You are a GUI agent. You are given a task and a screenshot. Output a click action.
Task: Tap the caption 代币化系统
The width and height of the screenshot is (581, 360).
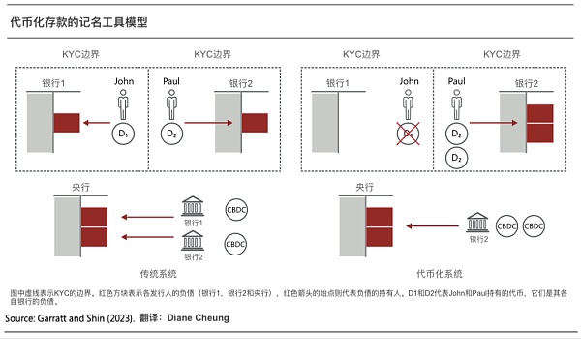click(440, 273)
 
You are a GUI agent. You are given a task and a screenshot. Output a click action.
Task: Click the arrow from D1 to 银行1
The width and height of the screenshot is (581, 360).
click(95, 123)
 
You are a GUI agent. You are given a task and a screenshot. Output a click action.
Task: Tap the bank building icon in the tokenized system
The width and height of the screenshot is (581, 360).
click(476, 224)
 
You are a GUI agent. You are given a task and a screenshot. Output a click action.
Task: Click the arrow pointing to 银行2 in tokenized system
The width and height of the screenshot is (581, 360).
click(475, 123)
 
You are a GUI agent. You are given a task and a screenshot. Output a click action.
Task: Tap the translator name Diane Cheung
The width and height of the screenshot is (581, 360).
click(198, 317)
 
